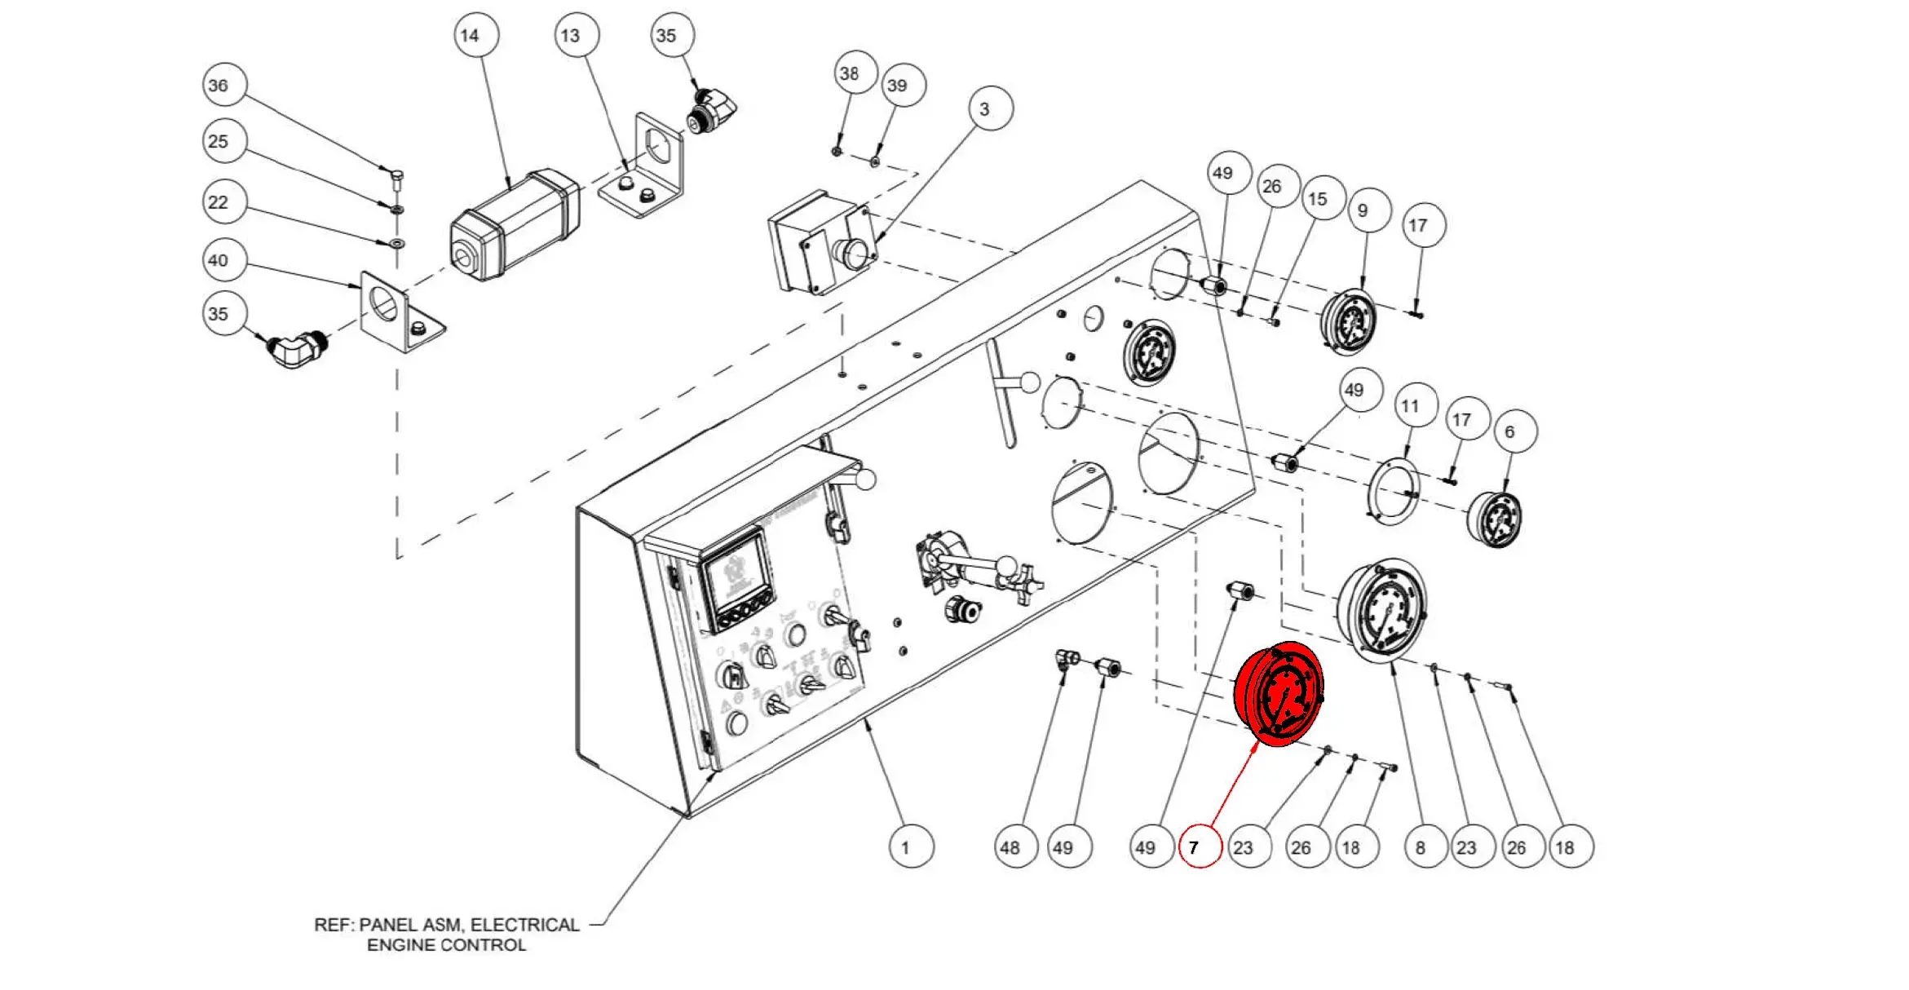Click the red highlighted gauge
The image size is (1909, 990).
click(1279, 694)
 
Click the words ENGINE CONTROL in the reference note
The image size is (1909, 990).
click(446, 945)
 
